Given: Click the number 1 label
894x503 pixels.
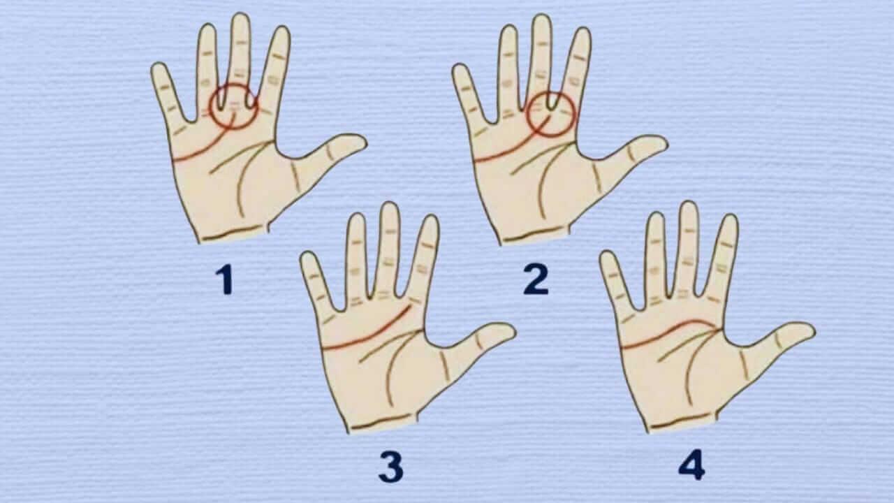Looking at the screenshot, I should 223,280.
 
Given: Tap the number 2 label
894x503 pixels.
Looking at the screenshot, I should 536,280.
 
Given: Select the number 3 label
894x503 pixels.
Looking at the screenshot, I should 391,467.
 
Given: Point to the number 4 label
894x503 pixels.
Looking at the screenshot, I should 691,466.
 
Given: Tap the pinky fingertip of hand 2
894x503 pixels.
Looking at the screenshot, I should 459,70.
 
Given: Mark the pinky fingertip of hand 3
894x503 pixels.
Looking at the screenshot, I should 307,258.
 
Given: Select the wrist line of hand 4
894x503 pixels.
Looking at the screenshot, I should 681,421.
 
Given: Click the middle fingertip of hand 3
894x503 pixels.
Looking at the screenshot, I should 389,210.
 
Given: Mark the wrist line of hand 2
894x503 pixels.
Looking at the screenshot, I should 535,234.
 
